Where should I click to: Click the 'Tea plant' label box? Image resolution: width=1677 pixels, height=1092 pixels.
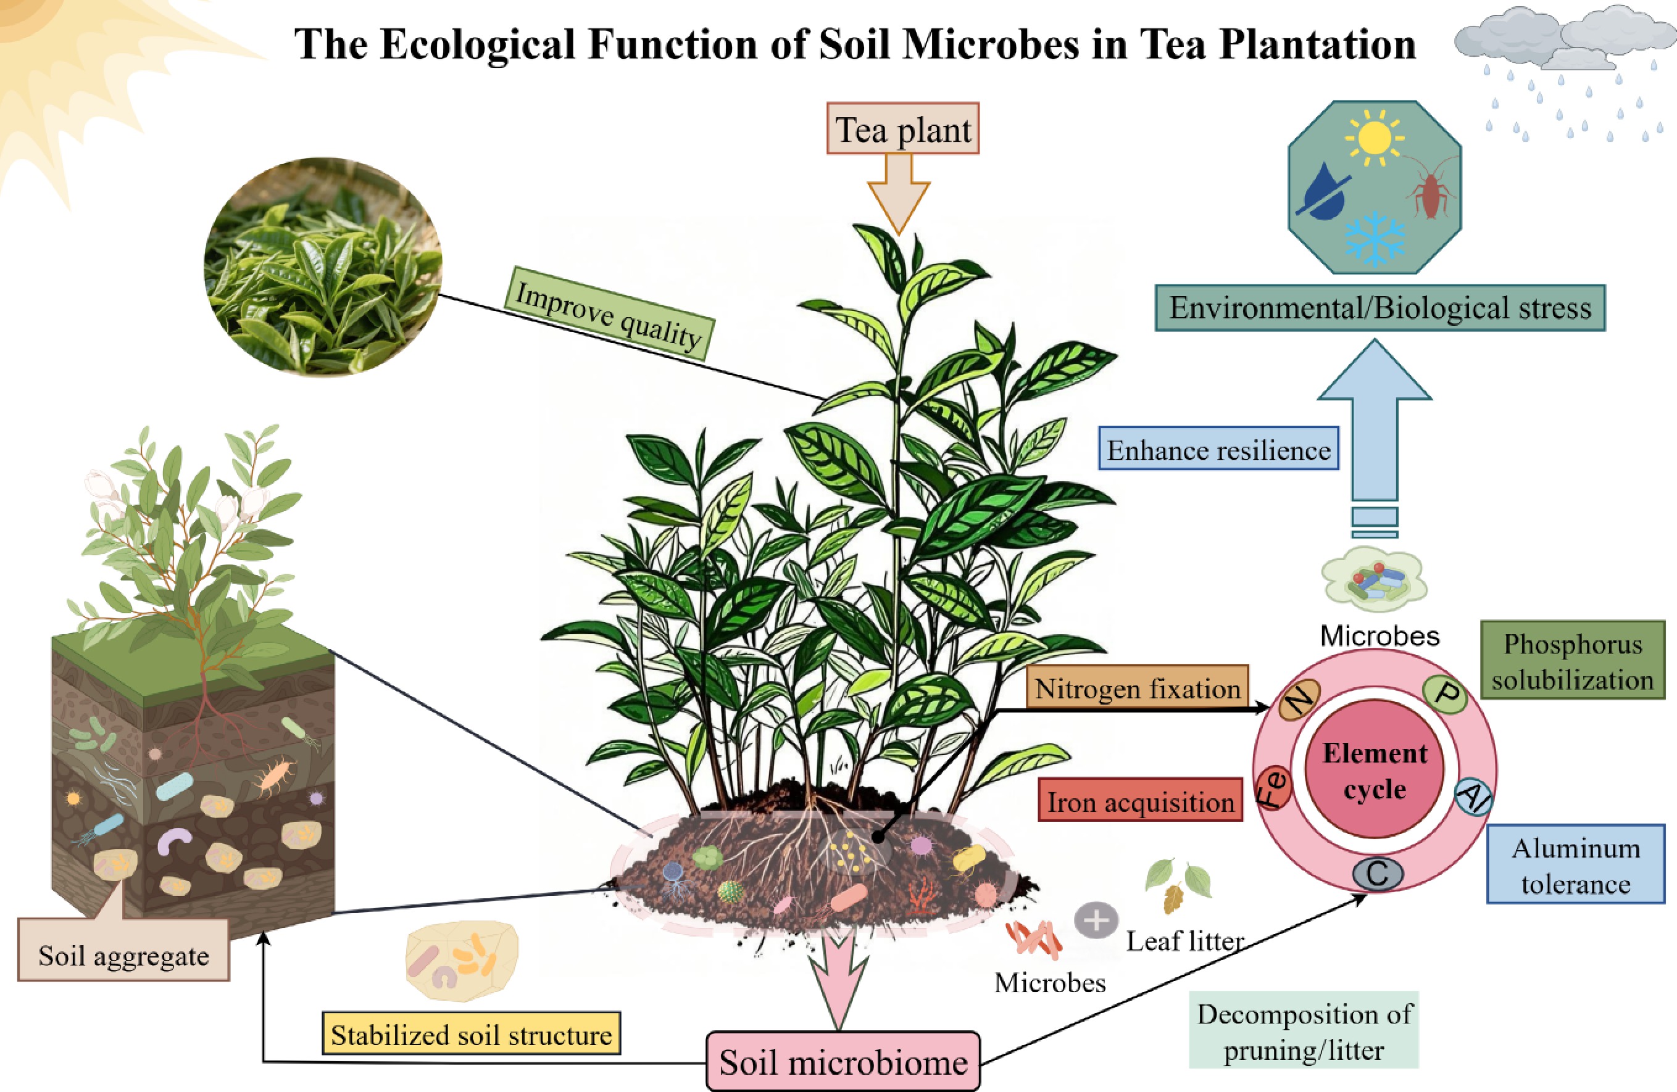point(902,130)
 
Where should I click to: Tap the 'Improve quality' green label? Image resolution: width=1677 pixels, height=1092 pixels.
point(609,313)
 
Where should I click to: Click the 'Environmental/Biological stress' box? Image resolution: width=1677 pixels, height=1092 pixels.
point(1379,308)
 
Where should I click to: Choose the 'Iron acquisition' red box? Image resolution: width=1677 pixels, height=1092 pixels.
point(1140,801)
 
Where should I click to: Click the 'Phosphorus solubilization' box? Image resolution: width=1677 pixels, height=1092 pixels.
point(1572,661)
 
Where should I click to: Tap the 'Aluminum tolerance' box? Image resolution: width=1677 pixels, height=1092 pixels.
point(1576,865)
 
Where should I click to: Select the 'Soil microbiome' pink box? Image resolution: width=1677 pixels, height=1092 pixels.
point(843,1062)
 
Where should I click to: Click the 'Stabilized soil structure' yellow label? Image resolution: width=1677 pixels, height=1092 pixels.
point(472,1034)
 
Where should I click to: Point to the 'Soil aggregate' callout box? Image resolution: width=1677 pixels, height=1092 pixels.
point(123,954)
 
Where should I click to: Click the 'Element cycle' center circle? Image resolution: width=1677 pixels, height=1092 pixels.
point(1374,769)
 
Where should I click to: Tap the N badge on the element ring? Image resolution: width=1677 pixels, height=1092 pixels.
point(1299,700)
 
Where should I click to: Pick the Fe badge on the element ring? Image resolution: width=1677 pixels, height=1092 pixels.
point(1274,788)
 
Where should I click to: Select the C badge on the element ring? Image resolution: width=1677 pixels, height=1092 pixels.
point(1377,874)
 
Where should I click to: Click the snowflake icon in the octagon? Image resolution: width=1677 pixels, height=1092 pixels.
point(1374,238)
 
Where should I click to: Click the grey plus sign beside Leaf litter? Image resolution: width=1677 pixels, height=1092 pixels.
point(1096,920)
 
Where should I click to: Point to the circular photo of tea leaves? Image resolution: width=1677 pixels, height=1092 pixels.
point(323,267)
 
